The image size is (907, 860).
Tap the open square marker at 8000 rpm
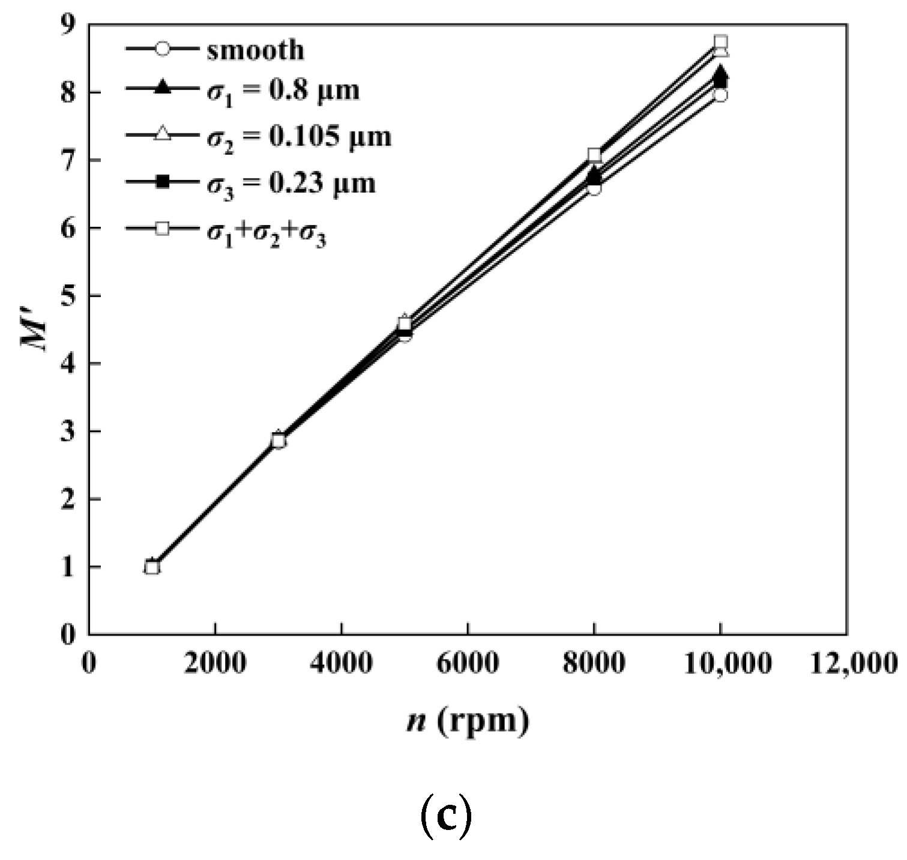point(594,155)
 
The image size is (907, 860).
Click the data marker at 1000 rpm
point(152,567)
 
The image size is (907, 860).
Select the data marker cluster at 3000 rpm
point(278,441)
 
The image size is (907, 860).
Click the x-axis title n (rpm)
point(468,720)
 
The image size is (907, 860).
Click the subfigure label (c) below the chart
point(445,818)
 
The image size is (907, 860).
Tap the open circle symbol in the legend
point(162,49)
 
